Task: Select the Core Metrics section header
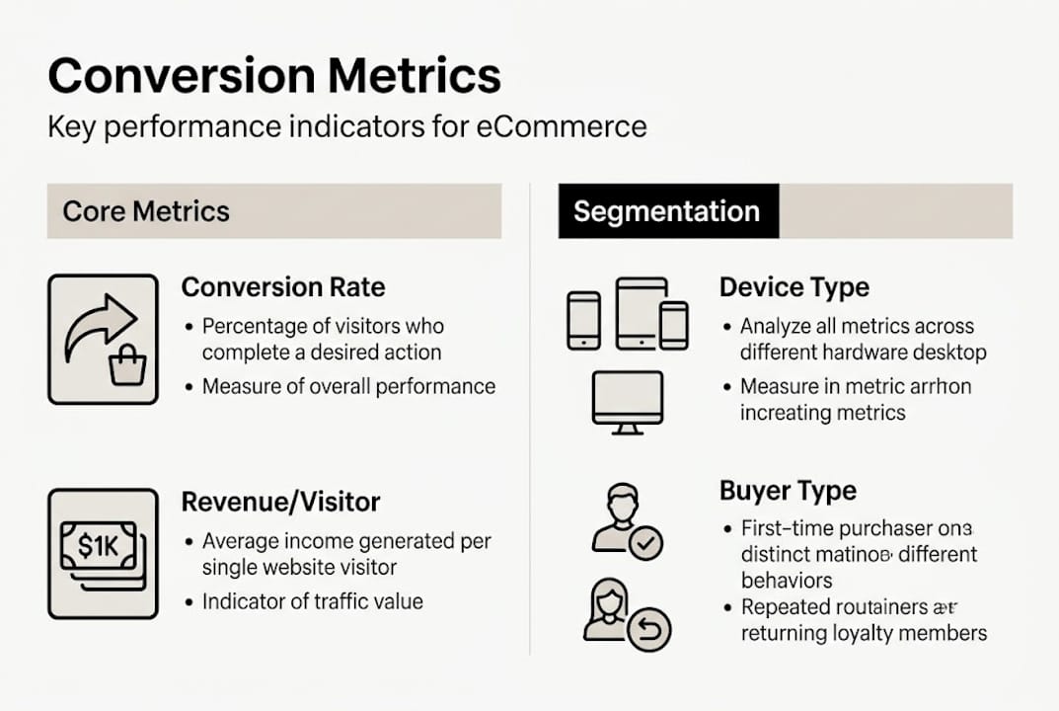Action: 146,210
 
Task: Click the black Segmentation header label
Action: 667,211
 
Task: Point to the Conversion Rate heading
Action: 283,287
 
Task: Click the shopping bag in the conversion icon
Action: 128,367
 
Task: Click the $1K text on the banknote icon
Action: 98,545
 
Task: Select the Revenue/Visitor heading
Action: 279,503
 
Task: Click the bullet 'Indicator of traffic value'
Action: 312,600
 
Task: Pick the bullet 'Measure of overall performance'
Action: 348,386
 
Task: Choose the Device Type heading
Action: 794,287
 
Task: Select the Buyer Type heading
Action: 788,491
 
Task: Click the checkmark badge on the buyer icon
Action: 646,542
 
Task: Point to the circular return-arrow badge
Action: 649,628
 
